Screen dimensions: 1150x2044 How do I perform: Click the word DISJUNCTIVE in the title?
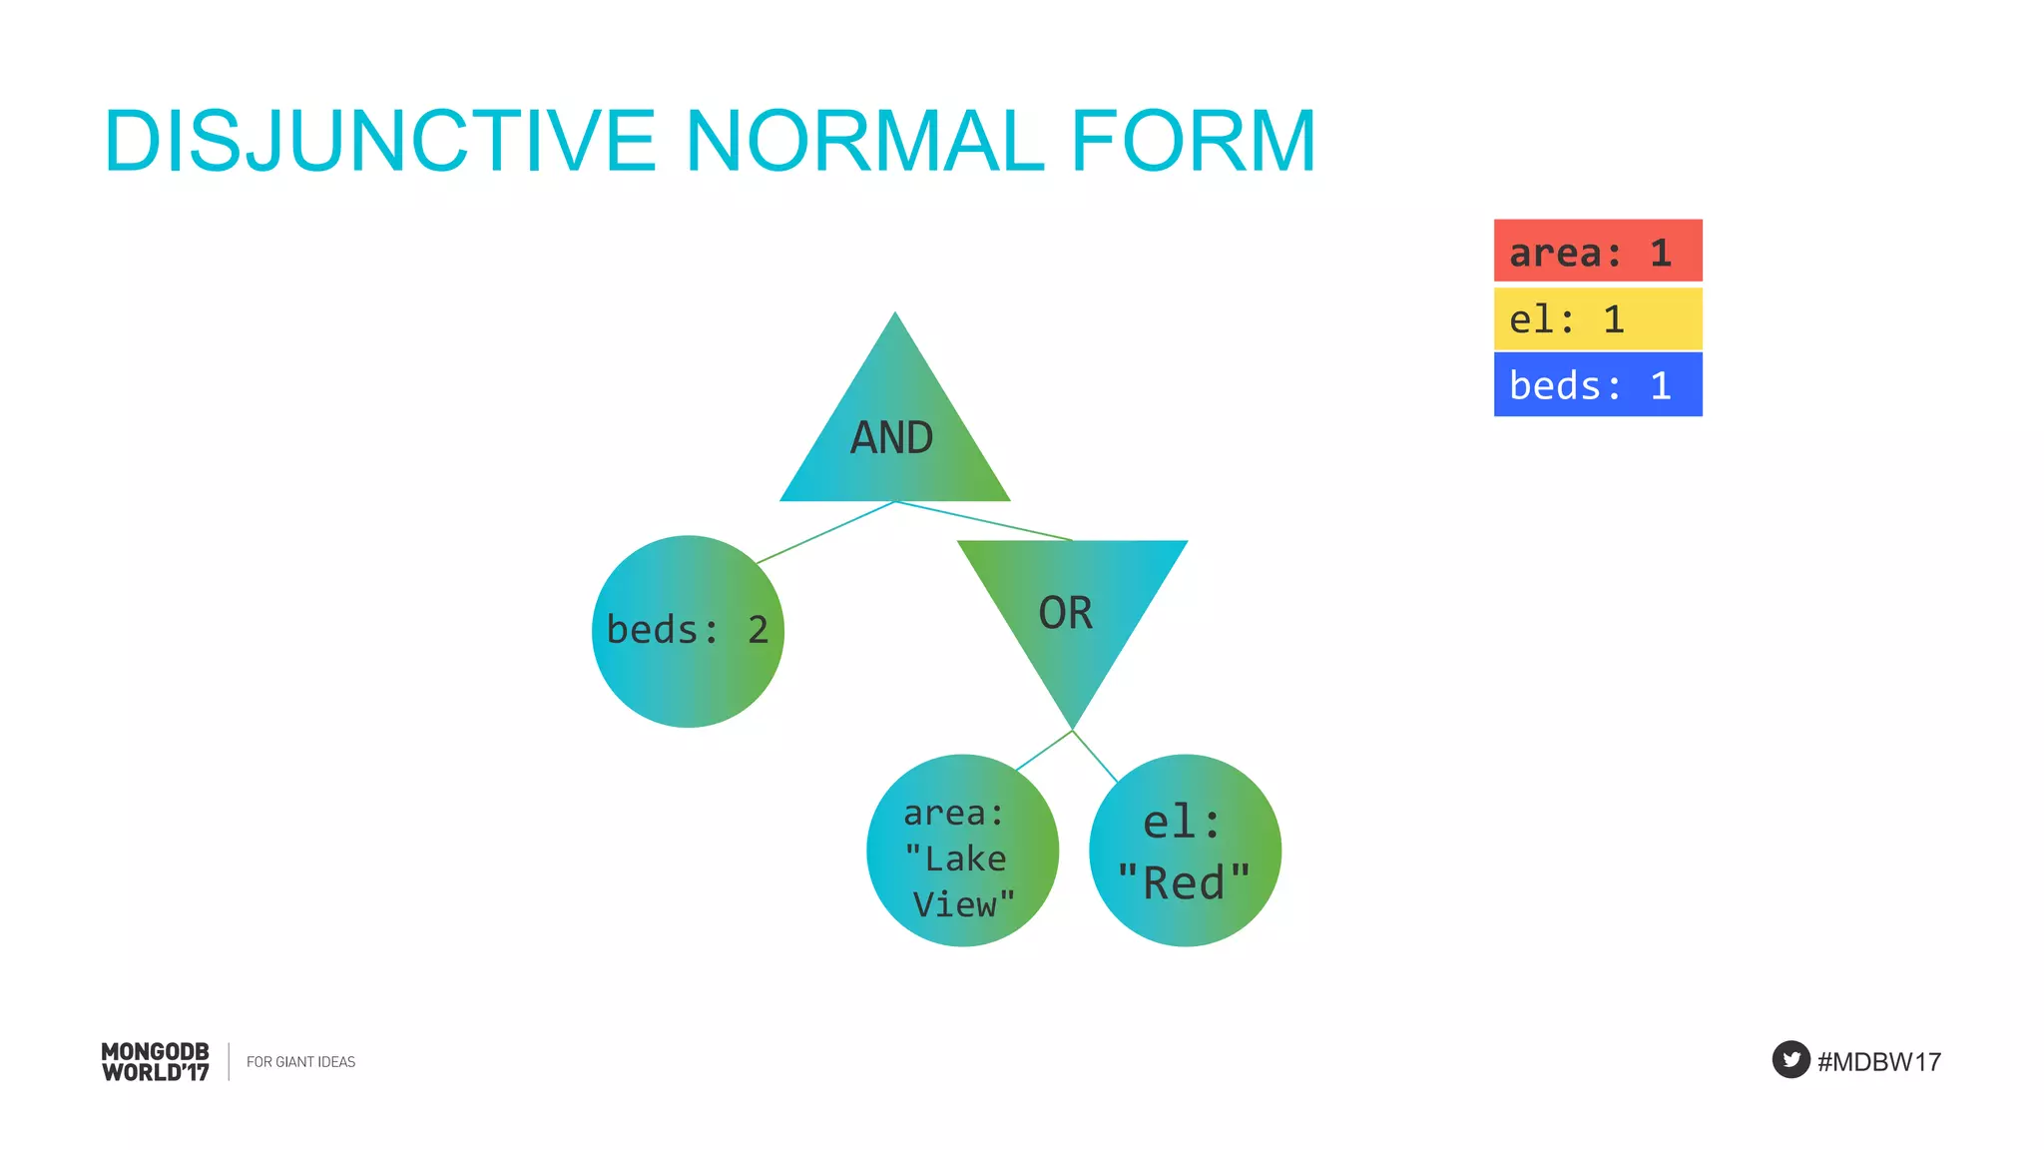pyautogui.click(x=379, y=142)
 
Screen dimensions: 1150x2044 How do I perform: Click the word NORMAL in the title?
pyautogui.click(x=864, y=142)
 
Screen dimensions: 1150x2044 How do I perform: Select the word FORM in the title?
pyautogui.click(x=1193, y=142)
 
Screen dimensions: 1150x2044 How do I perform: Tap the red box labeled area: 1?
pyautogui.click(x=1597, y=252)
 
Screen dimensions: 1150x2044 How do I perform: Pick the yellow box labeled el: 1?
pyautogui.click(x=1597, y=319)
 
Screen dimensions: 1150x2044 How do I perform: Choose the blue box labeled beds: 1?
pyautogui.click(x=1597, y=385)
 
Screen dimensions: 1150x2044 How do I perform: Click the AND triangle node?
pyautogui.click(x=893, y=439)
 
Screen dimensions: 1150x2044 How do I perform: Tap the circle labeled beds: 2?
pyautogui.click(x=688, y=631)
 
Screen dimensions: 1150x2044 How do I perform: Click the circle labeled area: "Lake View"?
pyautogui.click(x=961, y=851)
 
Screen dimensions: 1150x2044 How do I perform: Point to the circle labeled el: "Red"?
pyautogui.click(x=1185, y=851)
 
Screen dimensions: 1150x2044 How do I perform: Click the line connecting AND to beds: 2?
pyautogui.click(x=826, y=532)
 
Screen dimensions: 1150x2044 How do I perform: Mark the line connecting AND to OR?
pyautogui.click(x=983, y=520)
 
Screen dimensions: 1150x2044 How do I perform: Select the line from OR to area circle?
pyautogui.click(x=1044, y=751)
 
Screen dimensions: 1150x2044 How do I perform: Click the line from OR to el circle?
pyautogui.click(x=1095, y=756)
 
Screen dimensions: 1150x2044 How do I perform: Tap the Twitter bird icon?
pyautogui.click(x=1790, y=1060)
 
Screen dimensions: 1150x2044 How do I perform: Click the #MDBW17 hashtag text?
pyautogui.click(x=1879, y=1062)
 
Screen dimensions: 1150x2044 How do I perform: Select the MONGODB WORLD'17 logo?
pyautogui.click(x=156, y=1062)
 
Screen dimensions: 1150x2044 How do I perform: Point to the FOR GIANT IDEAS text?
pyautogui.click(x=300, y=1062)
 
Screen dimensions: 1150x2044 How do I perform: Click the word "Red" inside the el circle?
pyautogui.click(x=1184, y=883)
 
